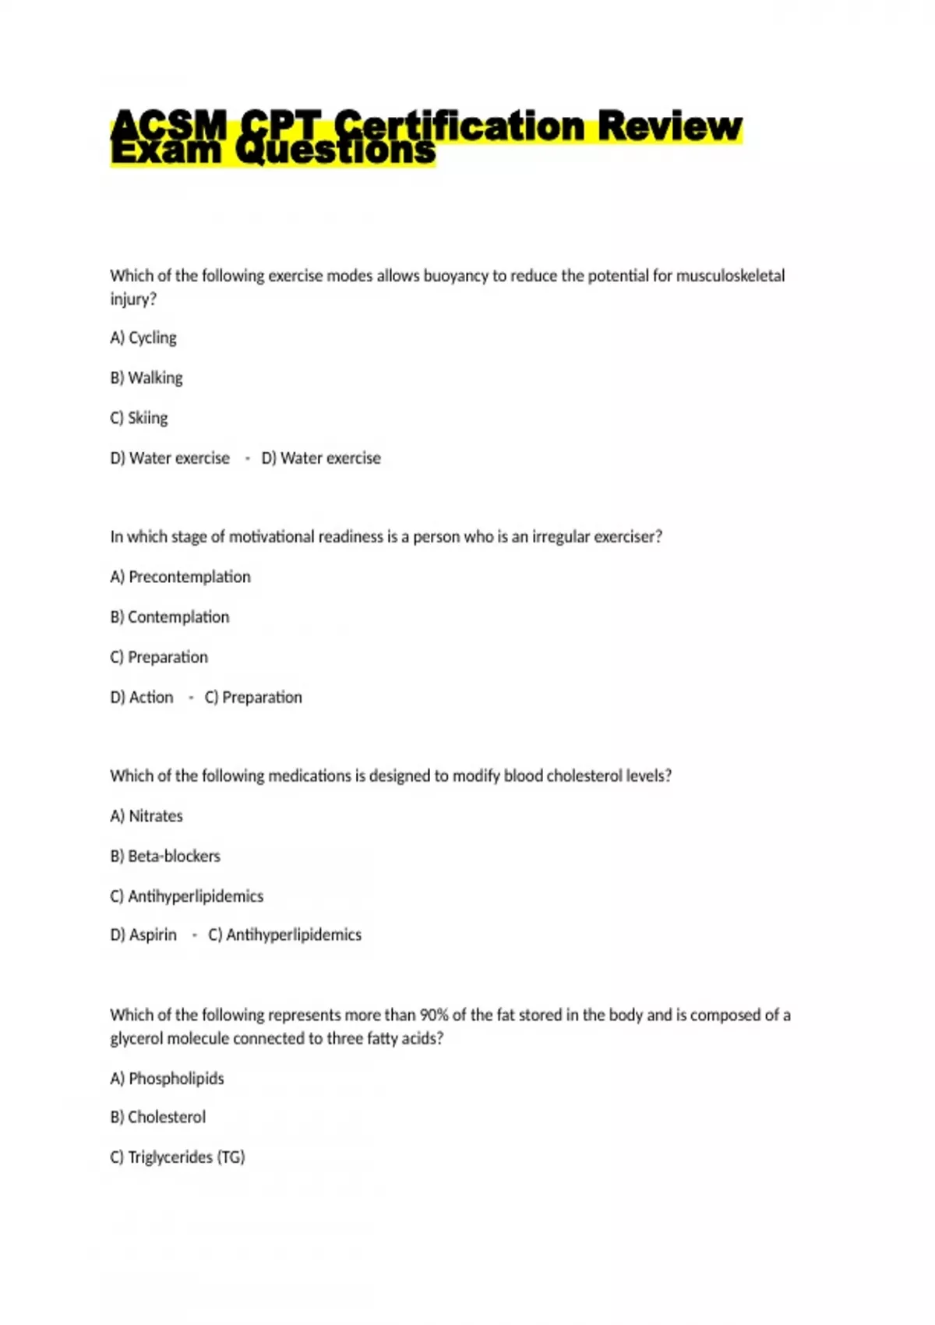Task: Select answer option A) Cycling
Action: pos(143,337)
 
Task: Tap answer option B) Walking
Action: pos(146,378)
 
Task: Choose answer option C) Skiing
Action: pos(139,418)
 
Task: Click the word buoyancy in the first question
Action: pos(456,275)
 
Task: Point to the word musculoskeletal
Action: pos(730,275)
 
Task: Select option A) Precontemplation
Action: pos(180,577)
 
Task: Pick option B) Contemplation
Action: pos(170,617)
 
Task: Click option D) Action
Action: pos(142,697)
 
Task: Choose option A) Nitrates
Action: pos(146,816)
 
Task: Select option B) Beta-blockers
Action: pos(165,856)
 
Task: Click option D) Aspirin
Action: pos(143,935)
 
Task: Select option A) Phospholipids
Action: pos(167,1079)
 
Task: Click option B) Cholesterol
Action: pos(158,1117)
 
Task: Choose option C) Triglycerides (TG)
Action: pos(178,1157)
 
